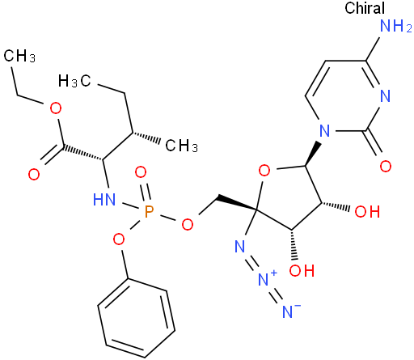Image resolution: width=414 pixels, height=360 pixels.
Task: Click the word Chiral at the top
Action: coord(365,8)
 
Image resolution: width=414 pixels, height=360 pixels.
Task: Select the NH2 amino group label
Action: coord(395,26)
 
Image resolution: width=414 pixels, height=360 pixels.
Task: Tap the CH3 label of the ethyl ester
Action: coord(19,56)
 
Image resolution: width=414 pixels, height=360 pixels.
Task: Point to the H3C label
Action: coord(74,81)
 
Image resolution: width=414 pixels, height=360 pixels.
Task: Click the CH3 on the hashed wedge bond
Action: coord(181,146)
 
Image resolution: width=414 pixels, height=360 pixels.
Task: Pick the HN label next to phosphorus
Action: coord(104,200)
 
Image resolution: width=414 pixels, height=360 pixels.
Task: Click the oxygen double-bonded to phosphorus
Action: coord(141,172)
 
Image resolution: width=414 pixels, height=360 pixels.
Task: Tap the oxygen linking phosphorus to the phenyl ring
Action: coord(119,239)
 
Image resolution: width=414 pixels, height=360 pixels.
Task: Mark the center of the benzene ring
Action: coord(136,318)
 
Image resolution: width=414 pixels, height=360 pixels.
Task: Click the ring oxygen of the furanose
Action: coord(264,171)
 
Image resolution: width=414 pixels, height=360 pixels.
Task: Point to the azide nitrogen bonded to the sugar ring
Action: coord(239,246)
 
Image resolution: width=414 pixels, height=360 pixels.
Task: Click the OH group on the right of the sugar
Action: coord(367,211)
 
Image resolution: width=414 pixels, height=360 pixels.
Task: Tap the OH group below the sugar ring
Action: coord(302,270)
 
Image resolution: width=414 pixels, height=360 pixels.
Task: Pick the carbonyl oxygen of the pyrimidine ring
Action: coord(386,166)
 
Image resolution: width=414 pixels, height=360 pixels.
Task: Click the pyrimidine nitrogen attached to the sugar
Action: coord(324,130)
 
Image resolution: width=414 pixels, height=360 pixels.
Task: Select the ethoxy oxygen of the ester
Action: coord(56,108)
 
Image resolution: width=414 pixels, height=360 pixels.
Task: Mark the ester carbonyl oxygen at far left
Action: coord(34,174)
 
